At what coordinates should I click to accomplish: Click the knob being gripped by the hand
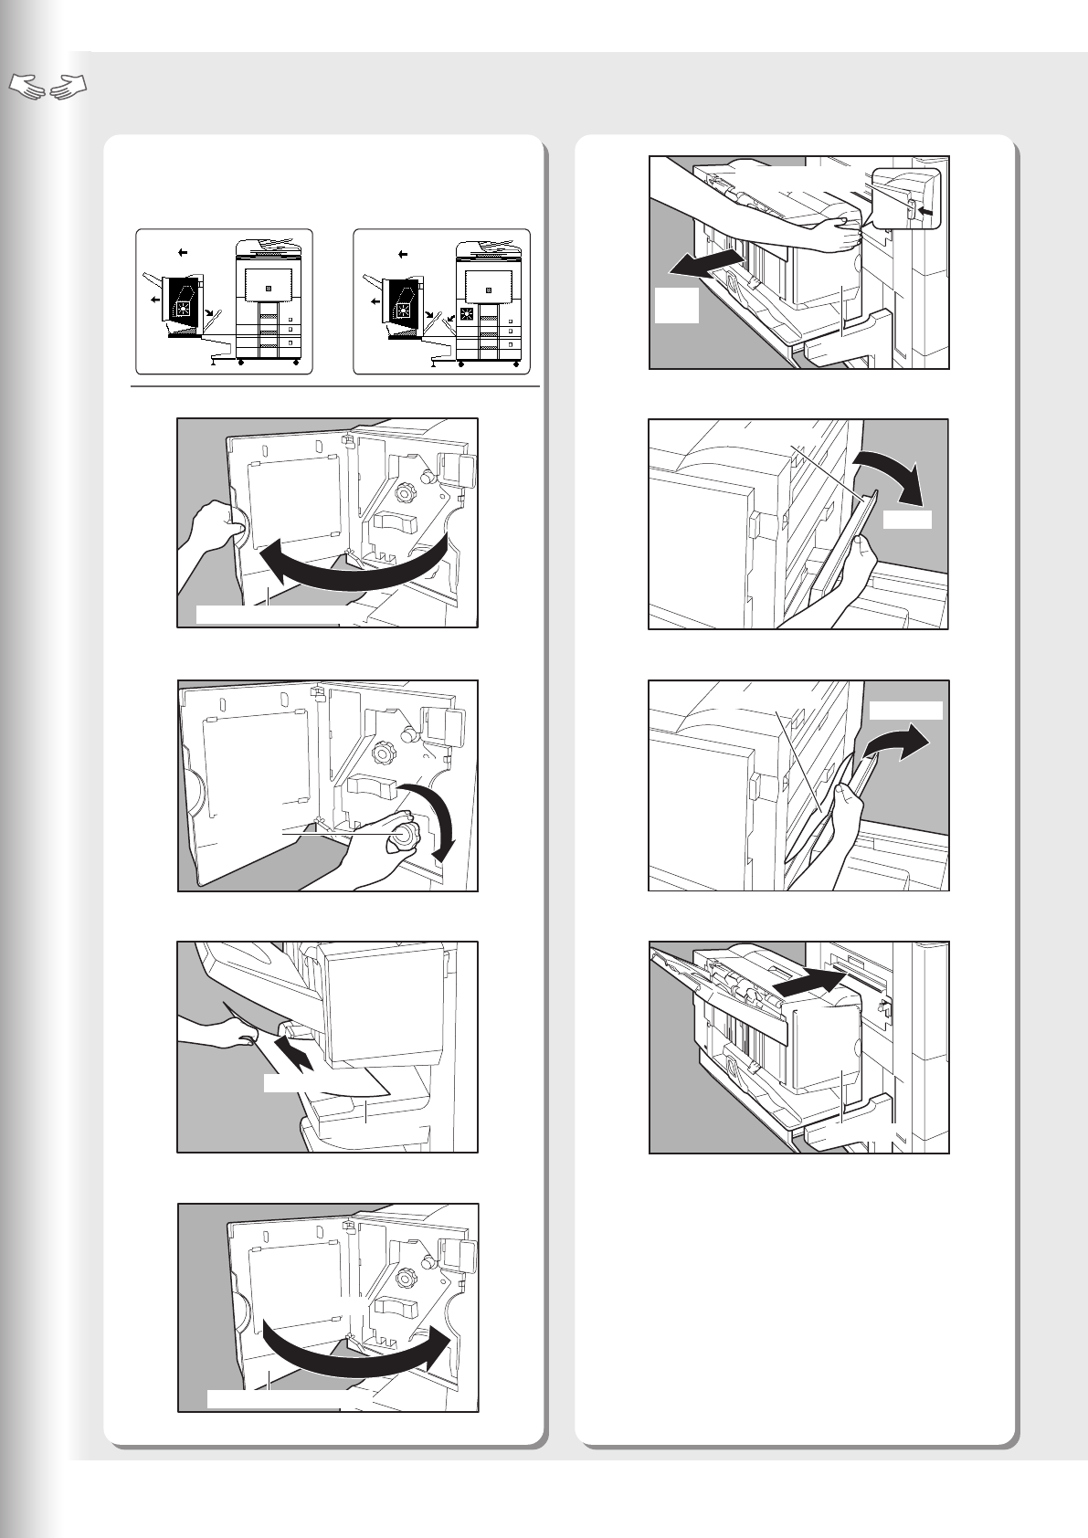(x=402, y=834)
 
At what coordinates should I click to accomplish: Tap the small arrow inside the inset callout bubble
(x=925, y=211)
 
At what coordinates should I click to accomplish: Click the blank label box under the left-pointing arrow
(x=677, y=306)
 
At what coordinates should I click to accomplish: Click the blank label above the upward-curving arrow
(x=905, y=711)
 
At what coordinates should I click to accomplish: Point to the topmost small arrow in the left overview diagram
(x=183, y=251)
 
